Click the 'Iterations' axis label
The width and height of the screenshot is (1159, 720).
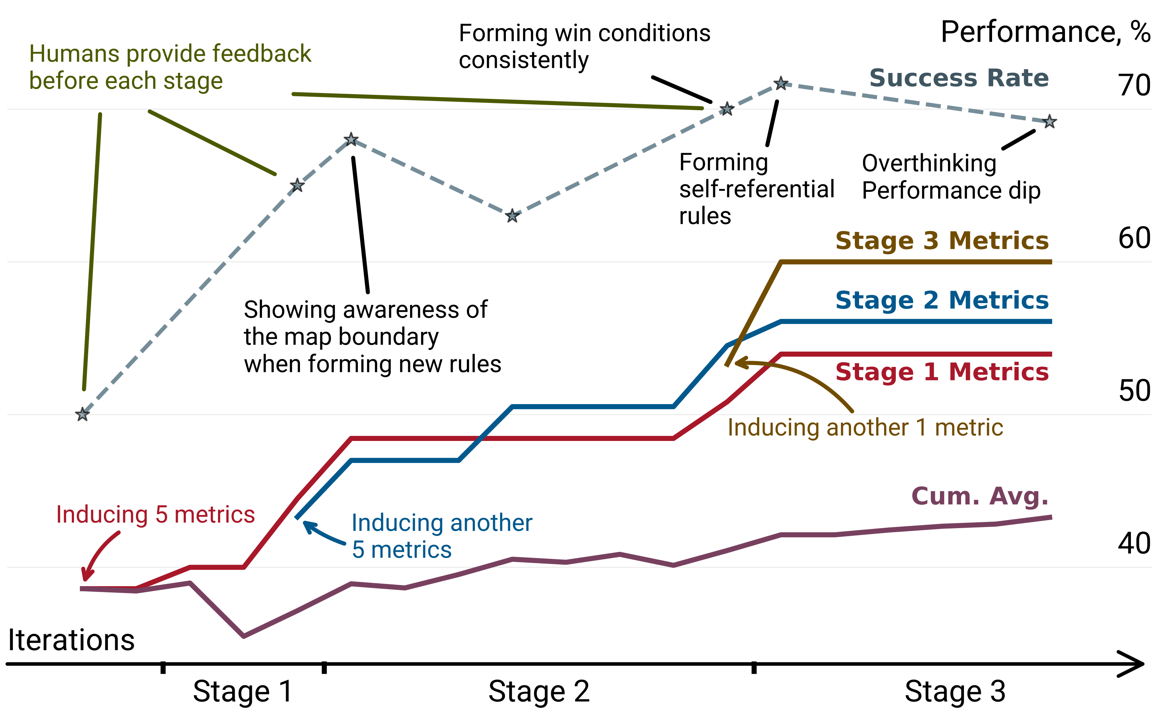click(71, 640)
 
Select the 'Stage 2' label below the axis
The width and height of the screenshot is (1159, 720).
click(539, 692)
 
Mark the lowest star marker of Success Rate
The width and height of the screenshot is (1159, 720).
click(83, 414)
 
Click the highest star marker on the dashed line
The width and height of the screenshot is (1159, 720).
click(781, 84)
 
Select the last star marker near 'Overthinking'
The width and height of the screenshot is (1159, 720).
click(1050, 122)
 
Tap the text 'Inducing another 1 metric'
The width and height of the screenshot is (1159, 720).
click(865, 427)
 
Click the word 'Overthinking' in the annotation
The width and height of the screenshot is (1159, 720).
click(929, 163)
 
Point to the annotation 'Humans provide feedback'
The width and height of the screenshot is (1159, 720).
click(170, 53)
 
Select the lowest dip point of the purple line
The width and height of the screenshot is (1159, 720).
click(243, 636)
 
